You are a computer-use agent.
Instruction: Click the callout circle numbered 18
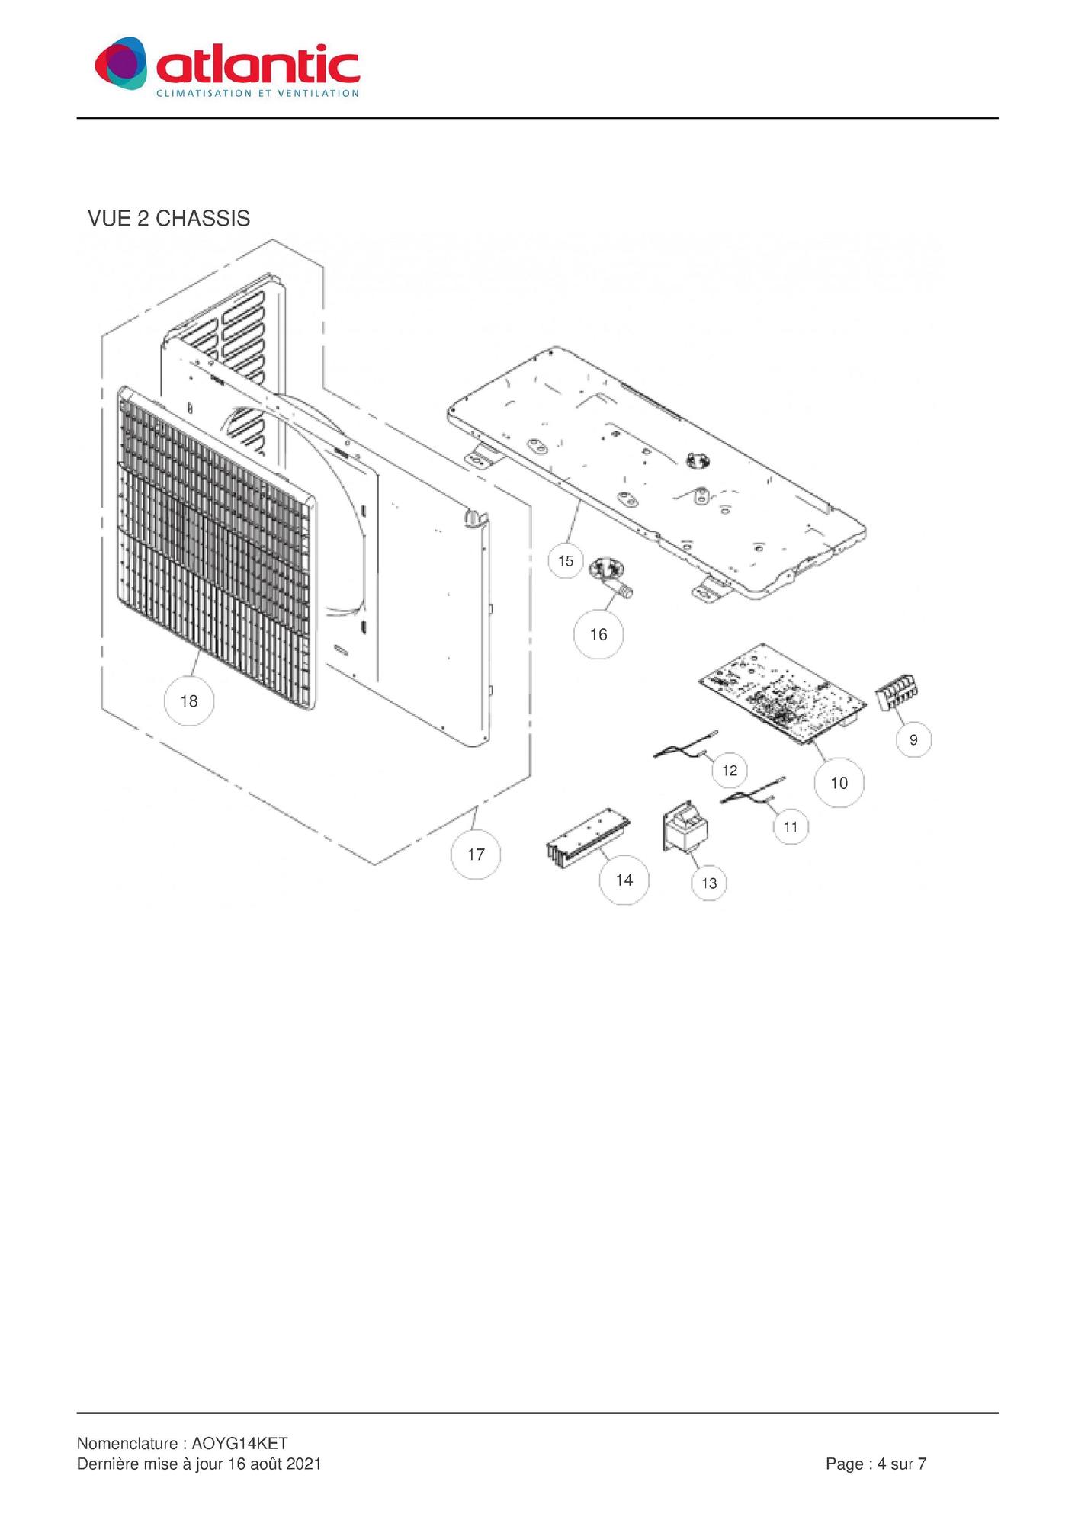tap(189, 701)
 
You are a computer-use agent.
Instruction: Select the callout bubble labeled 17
tap(476, 854)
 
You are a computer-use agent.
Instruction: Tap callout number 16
tap(598, 633)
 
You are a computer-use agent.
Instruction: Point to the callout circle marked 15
tap(566, 561)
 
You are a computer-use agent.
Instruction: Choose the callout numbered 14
tap(624, 880)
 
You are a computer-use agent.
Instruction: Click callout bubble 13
tap(709, 883)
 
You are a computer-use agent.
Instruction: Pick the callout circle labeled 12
tap(730, 770)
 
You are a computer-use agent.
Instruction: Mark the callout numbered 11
tap(791, 826)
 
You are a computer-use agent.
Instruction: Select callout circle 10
tap(839, 782)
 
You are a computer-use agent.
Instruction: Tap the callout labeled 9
tap(913, 739)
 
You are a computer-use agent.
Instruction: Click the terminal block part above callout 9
tap(897, 693)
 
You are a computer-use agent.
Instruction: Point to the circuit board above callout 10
tap(783, 694)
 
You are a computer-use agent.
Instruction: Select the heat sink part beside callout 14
tap(588, 838)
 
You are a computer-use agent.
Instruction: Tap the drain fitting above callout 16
tap(611, 577)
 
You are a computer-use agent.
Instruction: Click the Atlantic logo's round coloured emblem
tap(120, 63)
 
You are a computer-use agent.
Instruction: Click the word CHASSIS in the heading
tap(203, 219)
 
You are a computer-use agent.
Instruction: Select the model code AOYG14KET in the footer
tap(239, 1443)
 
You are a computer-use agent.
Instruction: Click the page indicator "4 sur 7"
tap(902, 1464)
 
